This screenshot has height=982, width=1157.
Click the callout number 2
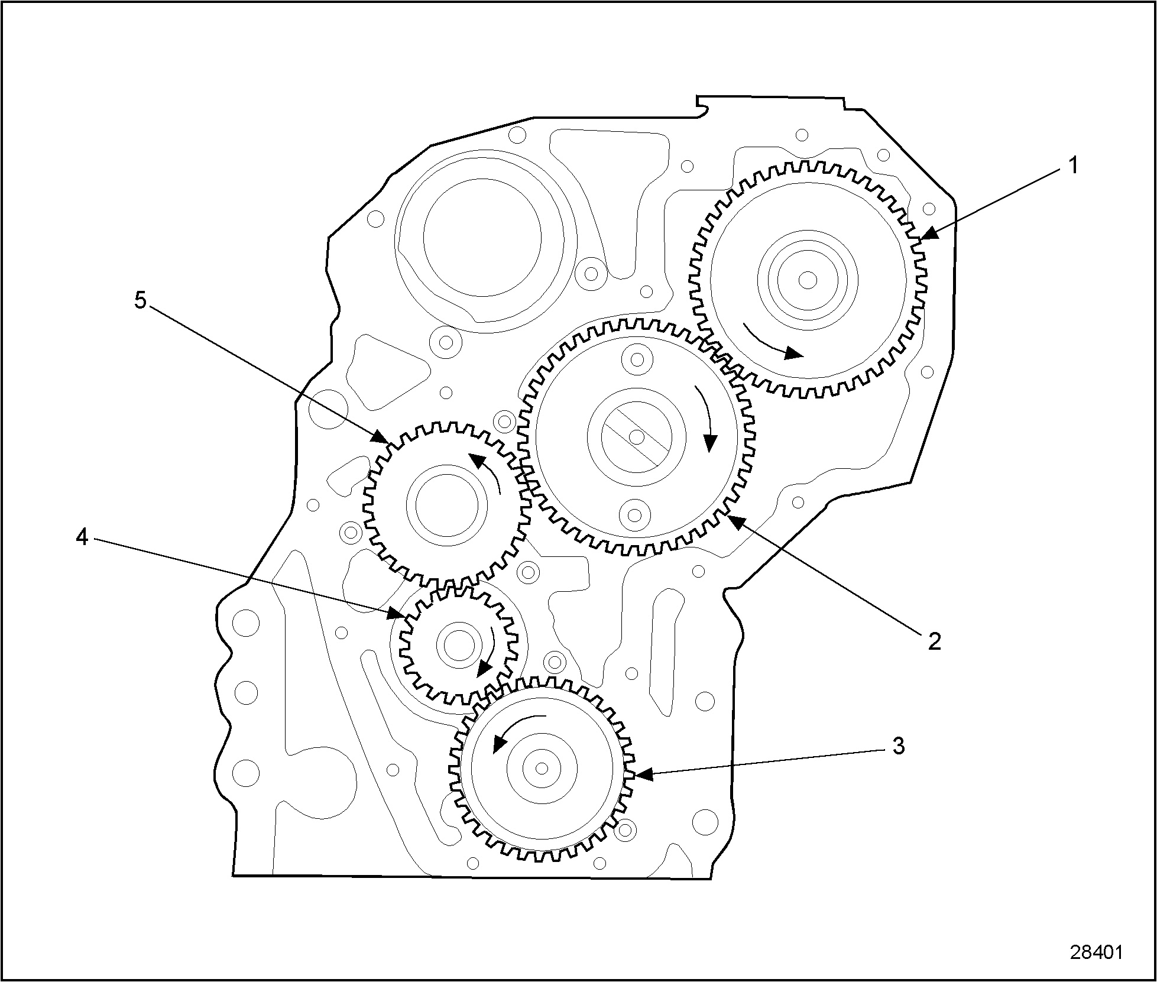(x=934, y=640)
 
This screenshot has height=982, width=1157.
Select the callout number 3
(x=898, y=746)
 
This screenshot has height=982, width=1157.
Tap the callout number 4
(x=82, y=537)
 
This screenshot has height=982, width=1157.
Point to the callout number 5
(x=140, y=300)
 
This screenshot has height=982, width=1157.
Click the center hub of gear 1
(x=808, y=279)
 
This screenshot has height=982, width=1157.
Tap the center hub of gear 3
(x=542, y=768)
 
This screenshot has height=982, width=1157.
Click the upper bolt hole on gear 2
(x=637, y=359)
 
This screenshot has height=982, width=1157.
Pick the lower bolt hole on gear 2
(x=634, y=514)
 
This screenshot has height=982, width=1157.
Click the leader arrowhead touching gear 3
(x=642, y=774)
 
